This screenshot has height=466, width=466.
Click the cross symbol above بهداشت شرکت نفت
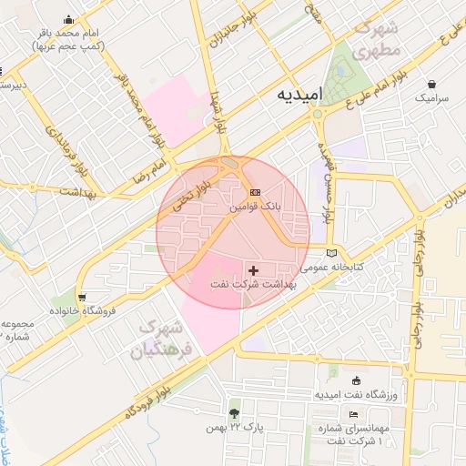point(253,269)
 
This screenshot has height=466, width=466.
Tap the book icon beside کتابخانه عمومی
point(331,252)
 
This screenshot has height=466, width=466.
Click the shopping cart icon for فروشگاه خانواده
point(83,297)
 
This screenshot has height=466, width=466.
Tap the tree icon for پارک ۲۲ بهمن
point(235,412)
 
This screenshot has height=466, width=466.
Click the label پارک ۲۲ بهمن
point(228,428)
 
